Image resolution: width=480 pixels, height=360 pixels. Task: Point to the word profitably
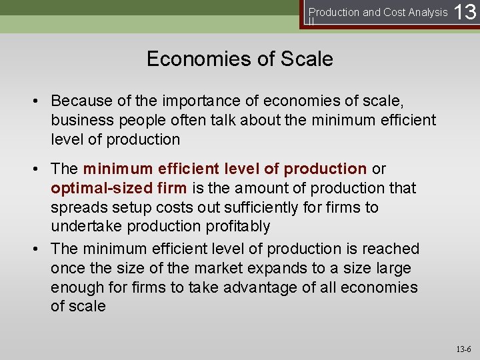[235, 227]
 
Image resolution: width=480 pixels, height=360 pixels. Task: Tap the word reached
[391, 249]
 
